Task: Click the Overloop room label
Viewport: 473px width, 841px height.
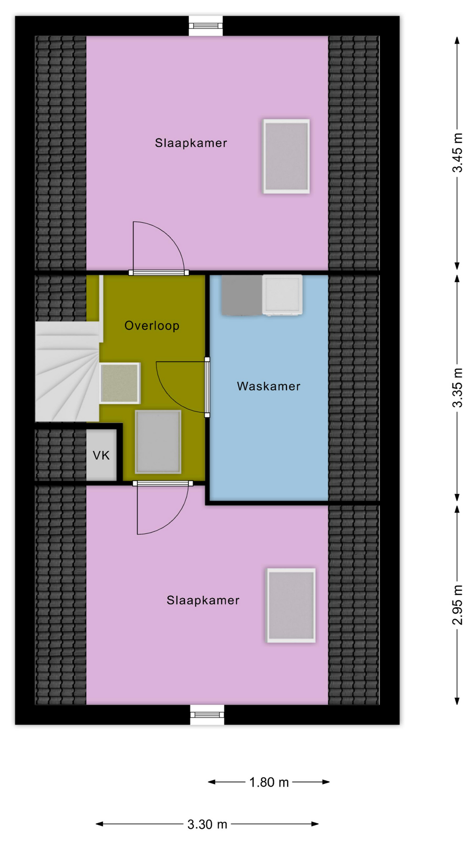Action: point(152,326)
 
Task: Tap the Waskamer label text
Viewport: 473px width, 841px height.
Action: point(268,386)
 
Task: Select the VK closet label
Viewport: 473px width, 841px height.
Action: point(101,456)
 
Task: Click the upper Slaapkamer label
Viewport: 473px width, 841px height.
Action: point(191,143)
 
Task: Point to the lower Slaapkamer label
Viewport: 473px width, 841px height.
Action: point(203,600)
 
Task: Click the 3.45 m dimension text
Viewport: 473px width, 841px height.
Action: point(457,153)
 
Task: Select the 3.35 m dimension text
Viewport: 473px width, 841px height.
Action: point(457,388)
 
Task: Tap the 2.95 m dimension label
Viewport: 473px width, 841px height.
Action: point(457,605)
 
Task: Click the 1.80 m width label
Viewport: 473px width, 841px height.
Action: point(269,782)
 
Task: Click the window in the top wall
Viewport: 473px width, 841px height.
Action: point(206,26)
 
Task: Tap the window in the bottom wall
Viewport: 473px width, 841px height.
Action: point(207,715)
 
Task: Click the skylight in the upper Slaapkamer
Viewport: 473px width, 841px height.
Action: point(286,156)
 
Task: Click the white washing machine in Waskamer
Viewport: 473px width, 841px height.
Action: point(282,294)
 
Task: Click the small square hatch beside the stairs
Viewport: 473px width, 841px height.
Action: point(120,383)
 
